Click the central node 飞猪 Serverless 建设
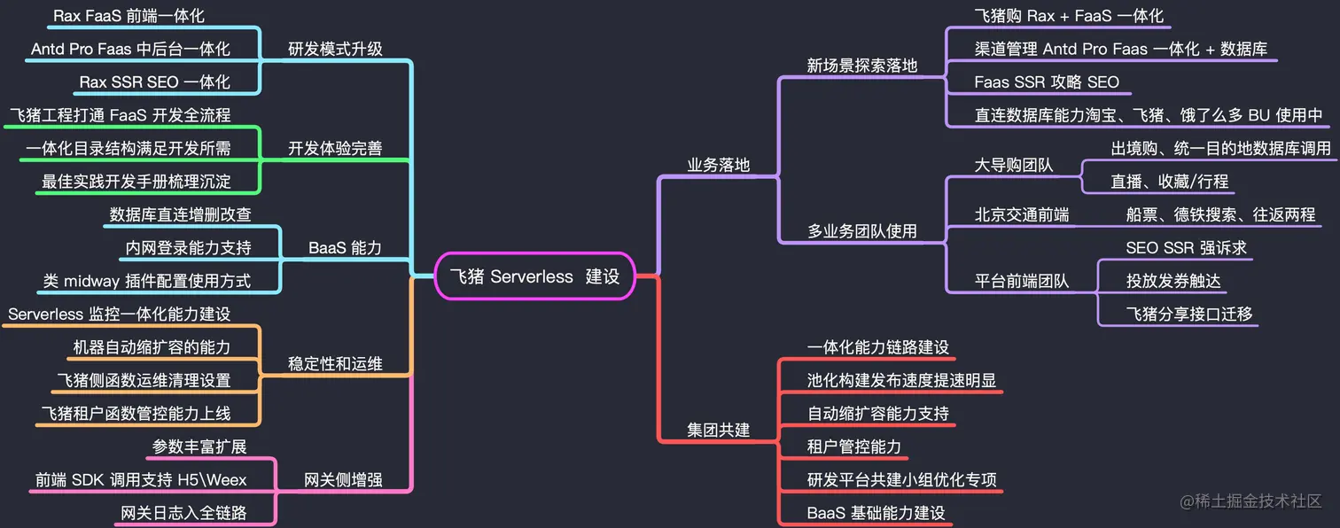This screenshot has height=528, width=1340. click(x=534, y=276)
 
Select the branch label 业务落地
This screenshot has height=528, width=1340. click(x=719, y=165)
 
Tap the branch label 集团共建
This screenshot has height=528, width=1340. click(x=719, y=430)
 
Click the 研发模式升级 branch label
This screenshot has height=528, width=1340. click(x=335, y=49)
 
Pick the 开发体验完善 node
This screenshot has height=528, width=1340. click(x=335, y=149)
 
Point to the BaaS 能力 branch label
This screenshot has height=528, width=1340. click(x=345, y=248)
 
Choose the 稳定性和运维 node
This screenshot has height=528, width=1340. click(x=335, y=364)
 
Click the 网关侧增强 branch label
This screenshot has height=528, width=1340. click(x=343, y=480)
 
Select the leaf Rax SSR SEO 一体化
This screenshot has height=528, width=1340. click(x=155, y=82)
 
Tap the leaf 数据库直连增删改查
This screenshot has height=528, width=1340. click(x=181, y=215)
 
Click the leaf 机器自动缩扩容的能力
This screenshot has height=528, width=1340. click(x=152, y=347)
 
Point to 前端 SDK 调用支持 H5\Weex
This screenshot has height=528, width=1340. click(x=141, y=480)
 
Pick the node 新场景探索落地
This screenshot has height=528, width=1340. click(x=862, y=66)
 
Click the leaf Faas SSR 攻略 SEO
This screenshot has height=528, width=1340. click(x=1047, y=82)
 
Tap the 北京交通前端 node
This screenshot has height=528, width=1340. click(x=1022, y=215)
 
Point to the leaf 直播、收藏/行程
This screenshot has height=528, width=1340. click(x=1170, y=182)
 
